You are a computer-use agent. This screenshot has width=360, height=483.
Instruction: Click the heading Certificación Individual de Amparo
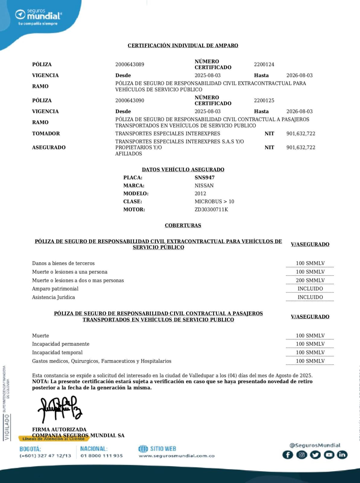[x=183, y=46]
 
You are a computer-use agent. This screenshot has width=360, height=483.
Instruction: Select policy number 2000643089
[x=130, y=64]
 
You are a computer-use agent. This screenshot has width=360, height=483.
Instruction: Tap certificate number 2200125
[x=264, y=100]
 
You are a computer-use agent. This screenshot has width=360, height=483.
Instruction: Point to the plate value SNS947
[x=205, y=178]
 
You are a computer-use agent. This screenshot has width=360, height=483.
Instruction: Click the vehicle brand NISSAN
[x=204, y=185]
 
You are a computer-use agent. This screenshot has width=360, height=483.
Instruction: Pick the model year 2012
[x=200, y=194]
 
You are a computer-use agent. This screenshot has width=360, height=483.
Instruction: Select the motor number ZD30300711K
[x=211, y=210]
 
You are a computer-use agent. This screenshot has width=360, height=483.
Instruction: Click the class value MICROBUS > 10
[x=214, y=201]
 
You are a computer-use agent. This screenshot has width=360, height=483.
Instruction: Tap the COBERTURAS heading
[x=183, y=226]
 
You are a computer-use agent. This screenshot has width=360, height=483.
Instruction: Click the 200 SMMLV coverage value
[x=310, y=280]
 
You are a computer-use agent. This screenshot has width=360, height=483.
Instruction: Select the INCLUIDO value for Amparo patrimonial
[x=310, y=289]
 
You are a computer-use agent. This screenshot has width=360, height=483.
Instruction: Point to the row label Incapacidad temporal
[x=57, y=352]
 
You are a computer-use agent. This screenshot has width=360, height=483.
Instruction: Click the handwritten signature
[x=60, y=409]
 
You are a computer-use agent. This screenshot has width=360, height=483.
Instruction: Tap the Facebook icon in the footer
[x=288, y=455]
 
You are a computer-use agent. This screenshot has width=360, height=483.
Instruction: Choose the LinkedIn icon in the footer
[x=342, y=455]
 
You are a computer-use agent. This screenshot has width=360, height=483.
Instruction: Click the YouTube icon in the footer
[x=329, y=455]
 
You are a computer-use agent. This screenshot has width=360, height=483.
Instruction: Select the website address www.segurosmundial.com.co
[x=177, y=456]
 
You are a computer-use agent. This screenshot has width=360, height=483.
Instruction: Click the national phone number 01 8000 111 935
[x=102, y=456]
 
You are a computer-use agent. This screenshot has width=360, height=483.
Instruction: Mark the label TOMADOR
[x=46, y=133]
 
